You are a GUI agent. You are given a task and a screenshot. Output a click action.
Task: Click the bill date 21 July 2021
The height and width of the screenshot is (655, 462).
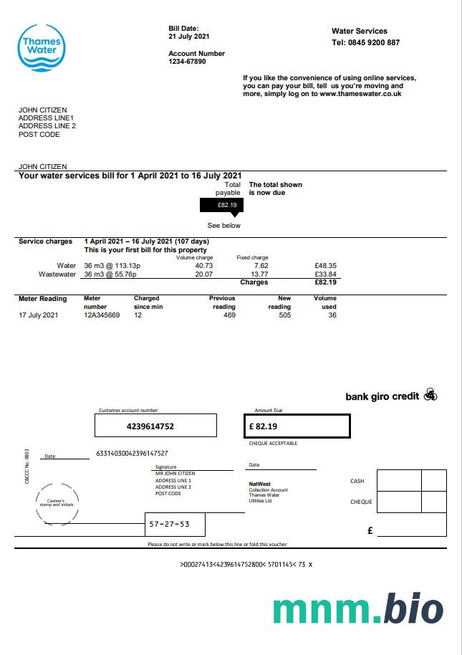189,36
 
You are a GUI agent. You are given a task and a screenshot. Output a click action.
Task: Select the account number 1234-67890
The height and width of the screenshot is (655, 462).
187,62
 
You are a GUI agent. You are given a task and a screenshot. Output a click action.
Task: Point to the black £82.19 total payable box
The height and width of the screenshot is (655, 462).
221,205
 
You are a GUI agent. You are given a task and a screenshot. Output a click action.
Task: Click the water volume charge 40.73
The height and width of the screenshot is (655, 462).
204,265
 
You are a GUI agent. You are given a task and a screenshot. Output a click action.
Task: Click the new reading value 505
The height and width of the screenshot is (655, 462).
284,315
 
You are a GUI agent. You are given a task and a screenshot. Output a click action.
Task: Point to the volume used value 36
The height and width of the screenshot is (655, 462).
332,315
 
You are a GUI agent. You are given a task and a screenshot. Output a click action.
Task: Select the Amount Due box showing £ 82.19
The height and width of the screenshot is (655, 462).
297,426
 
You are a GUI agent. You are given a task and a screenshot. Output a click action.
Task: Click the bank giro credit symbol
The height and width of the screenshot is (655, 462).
430,395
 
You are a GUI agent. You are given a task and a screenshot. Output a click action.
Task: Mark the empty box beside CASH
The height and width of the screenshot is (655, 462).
399,480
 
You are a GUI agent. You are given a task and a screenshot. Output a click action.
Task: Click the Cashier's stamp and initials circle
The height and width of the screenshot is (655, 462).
55,502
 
